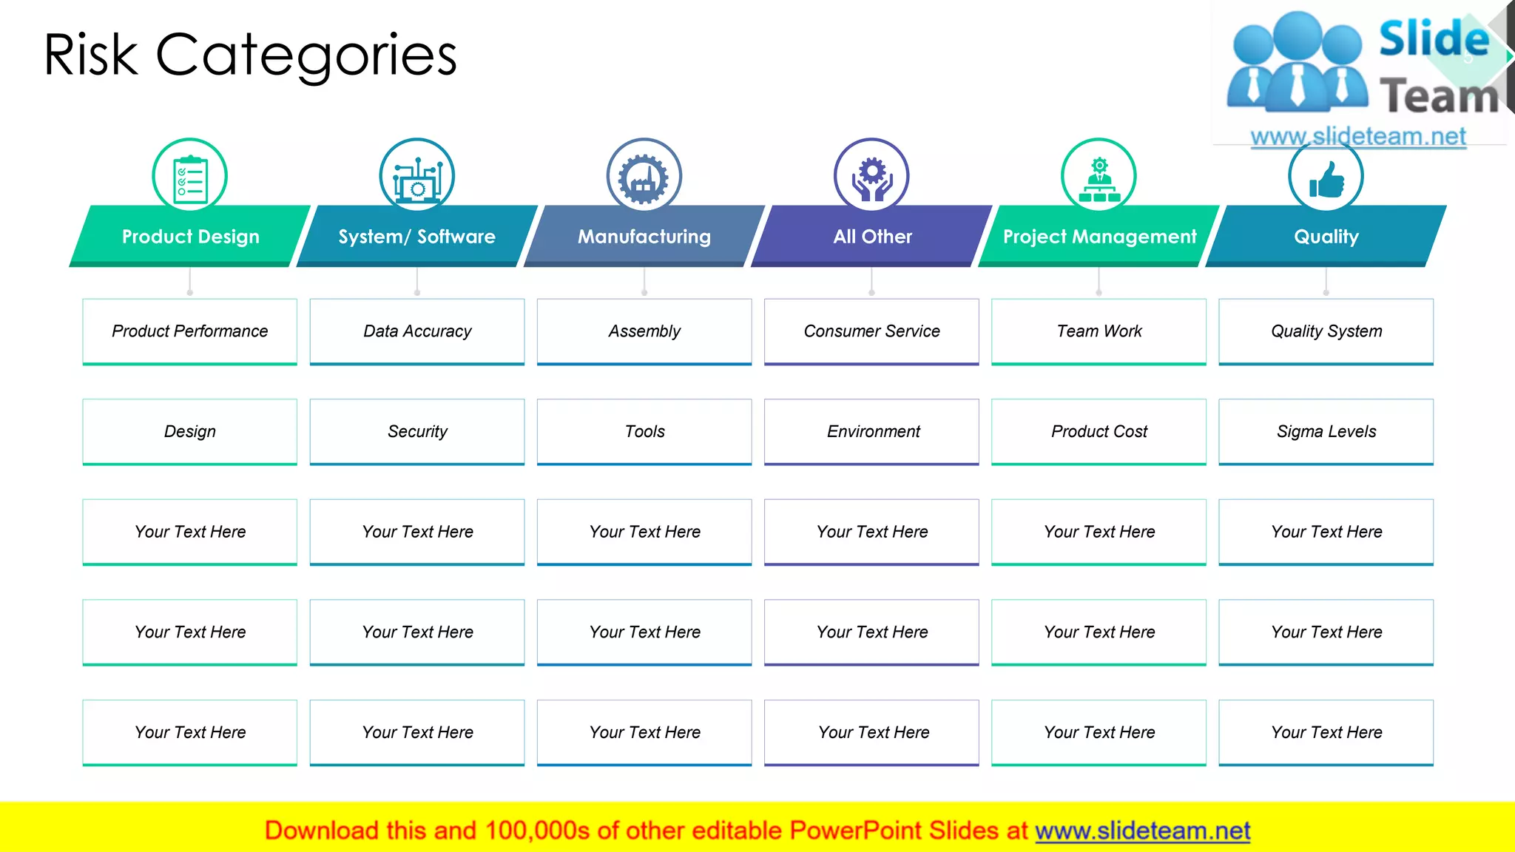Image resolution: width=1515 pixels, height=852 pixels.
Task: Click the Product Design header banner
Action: [x=190, y=237]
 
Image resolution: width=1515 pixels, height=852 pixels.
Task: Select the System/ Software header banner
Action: [x=417, y=237]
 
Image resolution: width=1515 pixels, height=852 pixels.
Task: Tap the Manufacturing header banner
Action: [x=644, y=237]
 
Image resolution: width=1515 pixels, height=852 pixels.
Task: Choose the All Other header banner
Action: [x=872, y=237]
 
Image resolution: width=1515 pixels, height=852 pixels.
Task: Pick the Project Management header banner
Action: [x=1099, y=237]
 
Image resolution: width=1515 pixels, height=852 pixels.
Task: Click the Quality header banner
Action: [x=1326, y=237]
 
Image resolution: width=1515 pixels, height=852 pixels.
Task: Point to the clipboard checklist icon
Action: [x=190, y=177]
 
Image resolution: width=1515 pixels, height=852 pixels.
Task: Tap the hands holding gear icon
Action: [x=872, y=177]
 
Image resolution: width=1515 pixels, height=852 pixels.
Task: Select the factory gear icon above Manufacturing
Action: [x=644, y=177]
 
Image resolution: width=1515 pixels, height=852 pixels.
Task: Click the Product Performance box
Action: [x=190, y=331]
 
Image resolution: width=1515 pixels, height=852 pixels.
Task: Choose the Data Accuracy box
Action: [x=417, y=331]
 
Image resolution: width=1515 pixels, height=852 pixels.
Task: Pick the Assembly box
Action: [x=644, y=331]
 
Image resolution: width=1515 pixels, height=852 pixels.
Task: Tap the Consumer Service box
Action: [x=872, y=331]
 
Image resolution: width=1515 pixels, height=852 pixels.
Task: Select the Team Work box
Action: [x=1099, y=331]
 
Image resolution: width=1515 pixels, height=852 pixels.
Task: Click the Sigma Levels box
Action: [x=1326, y=432]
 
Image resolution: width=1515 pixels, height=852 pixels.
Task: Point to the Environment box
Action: [x=872, y=432]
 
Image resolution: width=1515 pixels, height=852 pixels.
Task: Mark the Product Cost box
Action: [x=1099, y=432]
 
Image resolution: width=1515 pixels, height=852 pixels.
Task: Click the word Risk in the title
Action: [x=91, y=55]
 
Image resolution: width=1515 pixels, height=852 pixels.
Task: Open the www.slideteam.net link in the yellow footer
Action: [x=1142, y=831]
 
